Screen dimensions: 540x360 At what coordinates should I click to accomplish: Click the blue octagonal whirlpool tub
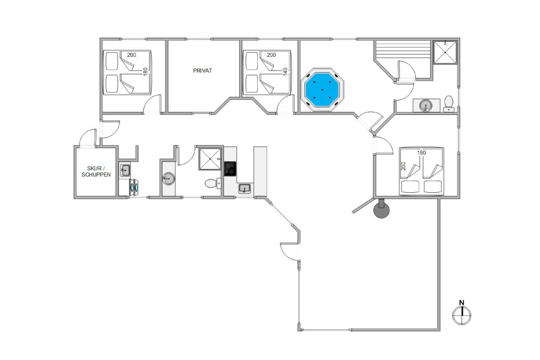(322, 89)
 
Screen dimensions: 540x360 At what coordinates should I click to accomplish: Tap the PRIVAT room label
(203, 71)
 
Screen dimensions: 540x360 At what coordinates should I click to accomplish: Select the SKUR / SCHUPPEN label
(96, 171)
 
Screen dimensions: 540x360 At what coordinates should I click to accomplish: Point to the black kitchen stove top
(230, 169)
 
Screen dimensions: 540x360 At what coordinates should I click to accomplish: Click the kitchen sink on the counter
(245, 189)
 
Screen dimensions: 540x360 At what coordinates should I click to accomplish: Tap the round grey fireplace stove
(381, 209)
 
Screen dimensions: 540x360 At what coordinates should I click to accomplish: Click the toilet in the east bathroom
(448, 103)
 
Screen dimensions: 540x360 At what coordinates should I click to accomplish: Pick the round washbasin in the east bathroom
(426, 106)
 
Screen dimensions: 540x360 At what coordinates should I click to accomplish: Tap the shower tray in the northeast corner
(445, 52)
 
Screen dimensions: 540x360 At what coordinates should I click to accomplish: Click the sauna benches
(403, 51)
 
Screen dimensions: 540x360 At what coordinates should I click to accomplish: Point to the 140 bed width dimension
(285, 71)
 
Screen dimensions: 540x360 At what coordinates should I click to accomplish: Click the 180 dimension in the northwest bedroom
(145, 71)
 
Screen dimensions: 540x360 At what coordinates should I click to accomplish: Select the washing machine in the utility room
(134, 186)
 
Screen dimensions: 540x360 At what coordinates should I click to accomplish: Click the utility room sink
(125, 170)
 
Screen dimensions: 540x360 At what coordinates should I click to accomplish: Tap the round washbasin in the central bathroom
(169, 178)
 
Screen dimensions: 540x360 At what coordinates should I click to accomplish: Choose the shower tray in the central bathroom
(210, 159)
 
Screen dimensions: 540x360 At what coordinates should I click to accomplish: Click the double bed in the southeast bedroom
(422, 171)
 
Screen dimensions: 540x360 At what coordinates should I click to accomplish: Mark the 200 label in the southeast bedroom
(404, 166)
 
